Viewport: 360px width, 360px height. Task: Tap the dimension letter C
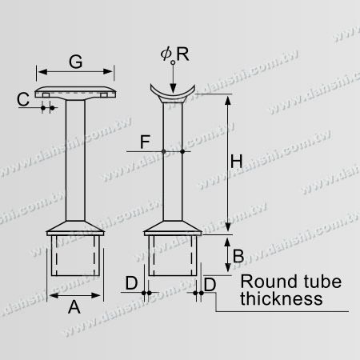[25, 99]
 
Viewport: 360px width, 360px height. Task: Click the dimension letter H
[236, 161]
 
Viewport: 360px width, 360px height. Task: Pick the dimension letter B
[238, 257]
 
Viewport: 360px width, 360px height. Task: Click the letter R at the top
[183, 54]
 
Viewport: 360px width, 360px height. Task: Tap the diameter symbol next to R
[166, 54]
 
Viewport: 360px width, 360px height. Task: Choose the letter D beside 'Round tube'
[210, 283]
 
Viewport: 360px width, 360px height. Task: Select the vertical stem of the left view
[75, 160]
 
